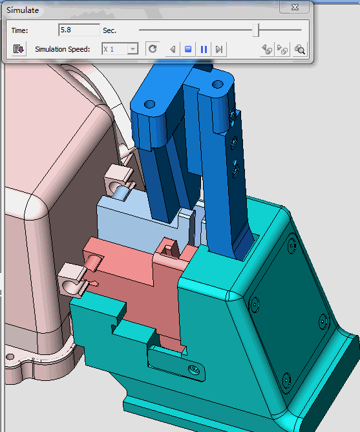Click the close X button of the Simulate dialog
295,7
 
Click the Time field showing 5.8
78,30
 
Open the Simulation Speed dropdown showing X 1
120,49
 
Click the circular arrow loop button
153,49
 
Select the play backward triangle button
172,49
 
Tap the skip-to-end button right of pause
219,49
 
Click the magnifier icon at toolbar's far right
299,49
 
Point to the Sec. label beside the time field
110,30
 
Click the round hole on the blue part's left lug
149,103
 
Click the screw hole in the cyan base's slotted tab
192,369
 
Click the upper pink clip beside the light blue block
118,178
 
